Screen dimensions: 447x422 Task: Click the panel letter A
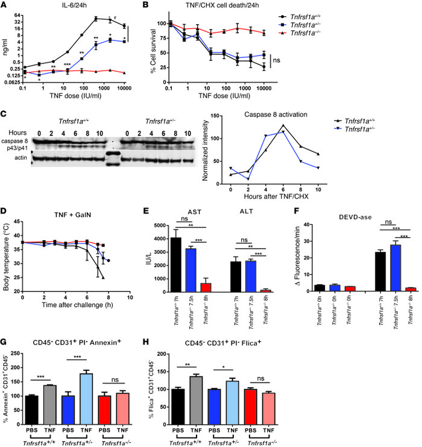4,5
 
